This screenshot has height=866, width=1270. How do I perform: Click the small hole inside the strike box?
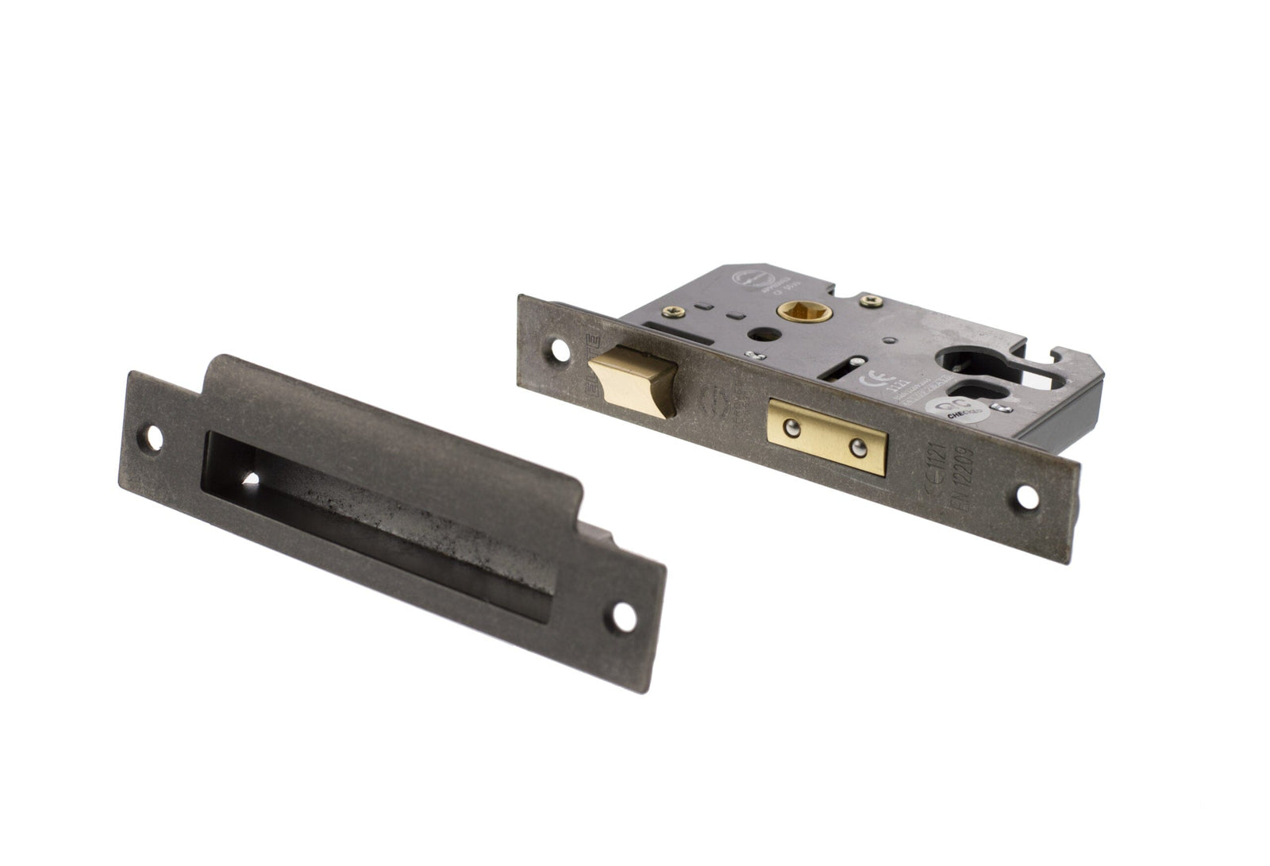point(253,479)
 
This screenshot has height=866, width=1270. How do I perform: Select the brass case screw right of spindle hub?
point(873,299)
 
